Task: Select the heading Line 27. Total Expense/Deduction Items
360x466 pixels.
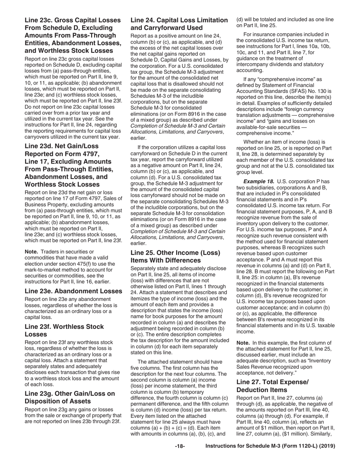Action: [x=272, y=385]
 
